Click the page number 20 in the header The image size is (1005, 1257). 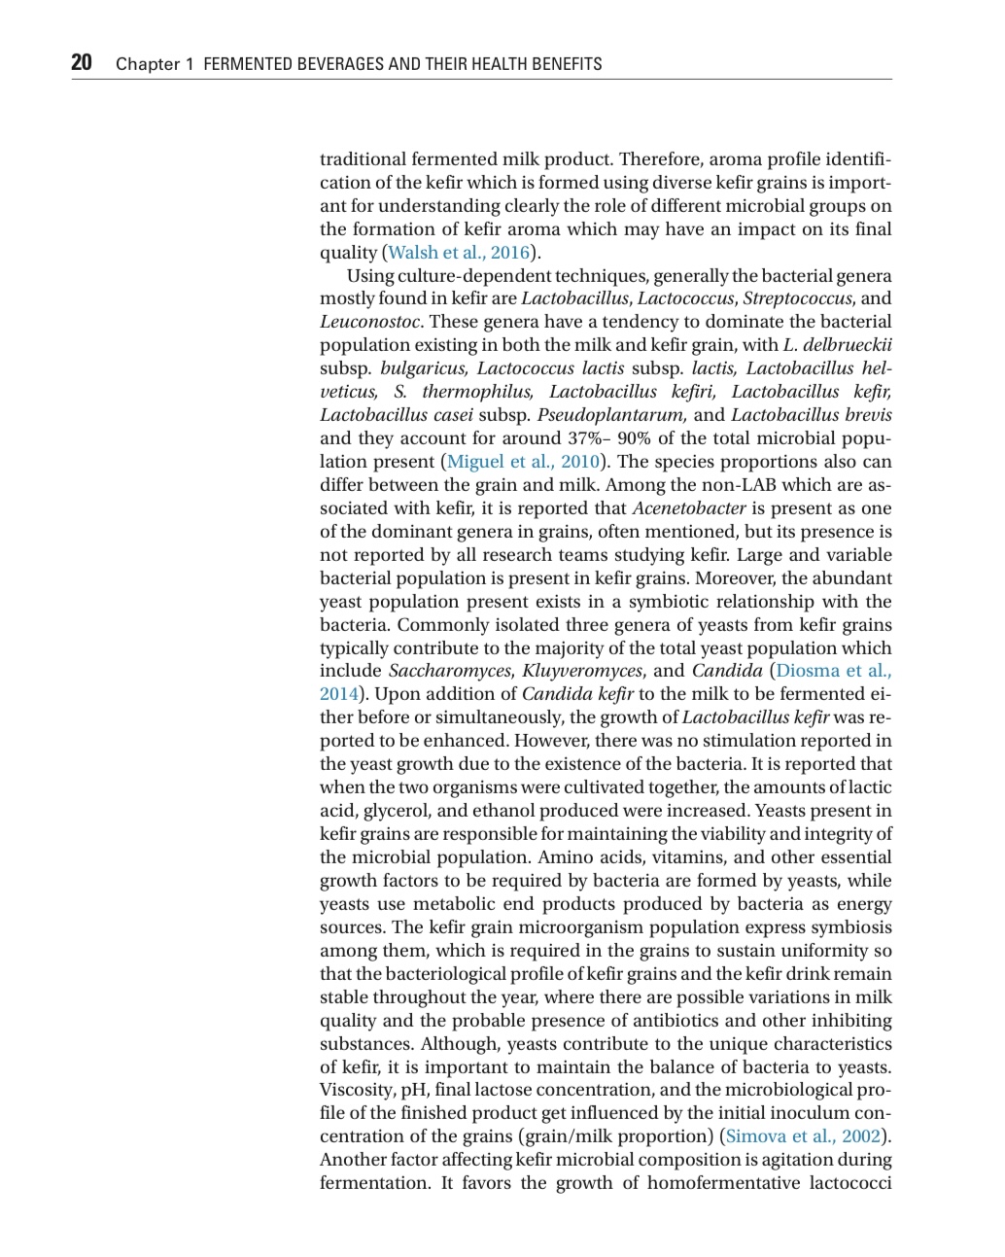pos(82,63)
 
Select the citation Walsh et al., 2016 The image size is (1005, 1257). pos(459,253)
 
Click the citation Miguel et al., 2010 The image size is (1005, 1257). pos(523,462)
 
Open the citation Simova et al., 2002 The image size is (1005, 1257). pos(803,1136)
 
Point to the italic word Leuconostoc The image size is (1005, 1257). pos(370,322)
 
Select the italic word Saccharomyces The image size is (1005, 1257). pos(449,671)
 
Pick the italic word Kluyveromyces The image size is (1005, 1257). pos(581,671)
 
